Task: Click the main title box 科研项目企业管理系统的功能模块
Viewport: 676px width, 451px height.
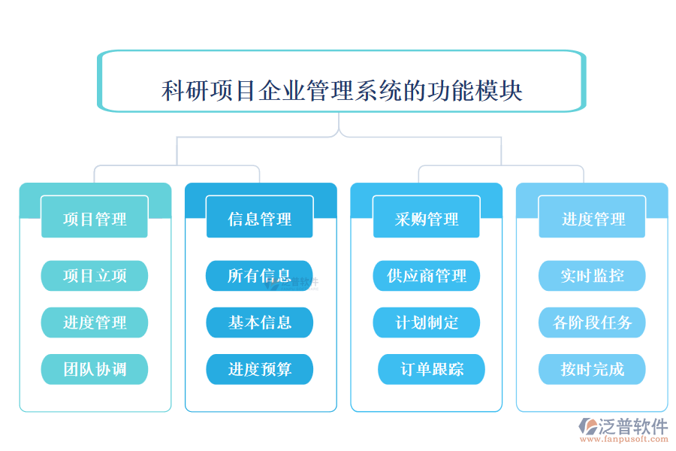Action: pos(342,90)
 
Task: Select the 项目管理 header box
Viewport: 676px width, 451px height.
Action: pos(95,219)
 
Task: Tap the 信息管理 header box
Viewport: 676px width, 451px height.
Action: pos(260,219)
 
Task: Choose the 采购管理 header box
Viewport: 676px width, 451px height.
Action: pos(427,219)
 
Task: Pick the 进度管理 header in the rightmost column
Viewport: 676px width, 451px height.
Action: pos(593,219)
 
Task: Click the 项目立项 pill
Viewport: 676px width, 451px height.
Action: pos(95,276)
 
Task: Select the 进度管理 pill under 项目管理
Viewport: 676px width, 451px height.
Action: pos(95,322)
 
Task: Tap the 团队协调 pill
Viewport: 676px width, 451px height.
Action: pos(95,369)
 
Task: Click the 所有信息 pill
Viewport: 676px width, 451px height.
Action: pos(260,276)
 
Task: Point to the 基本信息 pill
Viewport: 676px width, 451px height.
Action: pos(260,322)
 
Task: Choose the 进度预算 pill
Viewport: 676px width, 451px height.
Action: pos(260,369)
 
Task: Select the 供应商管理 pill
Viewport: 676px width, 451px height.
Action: pos(427,276)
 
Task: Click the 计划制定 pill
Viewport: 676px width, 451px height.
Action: pos(427,322)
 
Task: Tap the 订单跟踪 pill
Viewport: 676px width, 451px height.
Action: pos(432,369)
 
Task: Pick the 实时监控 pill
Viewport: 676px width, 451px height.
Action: pos(593,276)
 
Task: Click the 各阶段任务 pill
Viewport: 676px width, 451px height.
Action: pos(593,322)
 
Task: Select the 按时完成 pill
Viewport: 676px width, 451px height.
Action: pos(593,369)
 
